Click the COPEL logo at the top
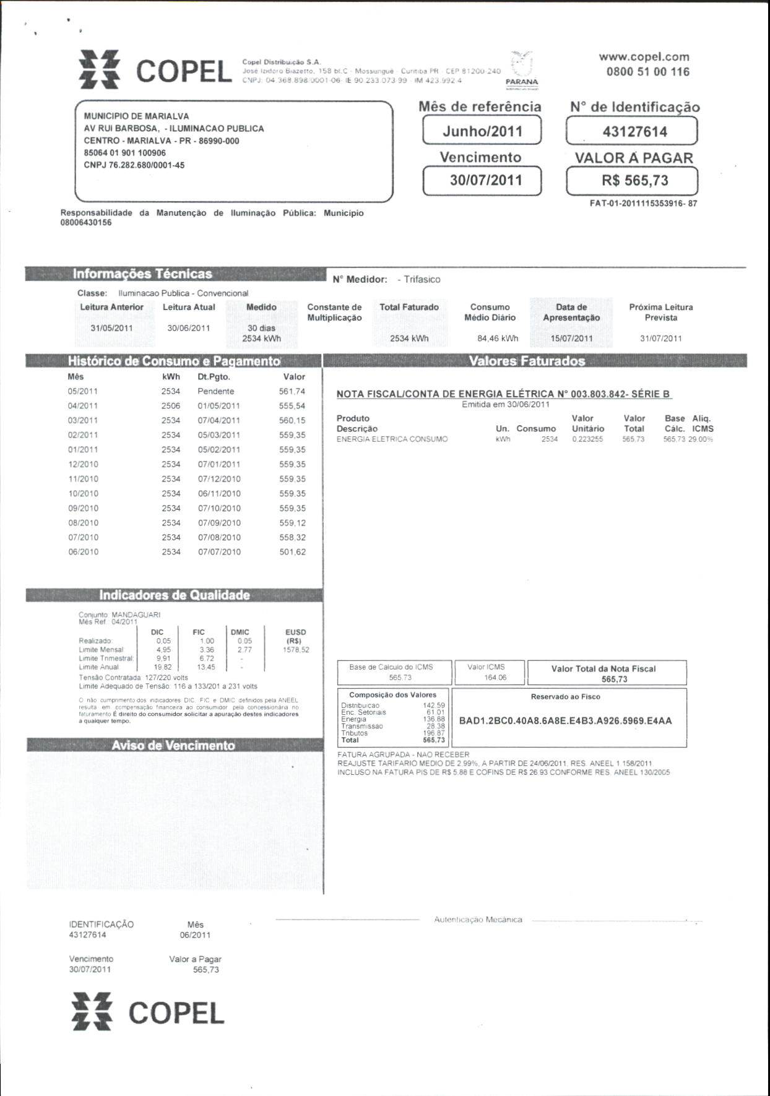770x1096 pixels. tap(155, 71)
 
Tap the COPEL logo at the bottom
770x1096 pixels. tap(148, 1012)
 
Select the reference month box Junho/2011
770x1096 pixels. tap(482, 131)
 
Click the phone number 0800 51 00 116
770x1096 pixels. tap(647, 72)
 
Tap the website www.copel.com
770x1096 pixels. tap(644, 56)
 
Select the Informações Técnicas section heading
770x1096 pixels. tap(142, 274)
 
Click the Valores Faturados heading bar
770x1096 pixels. tap(527, 361)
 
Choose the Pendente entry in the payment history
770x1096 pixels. tap(215, 391)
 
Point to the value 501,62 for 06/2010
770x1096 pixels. tap(292, 552)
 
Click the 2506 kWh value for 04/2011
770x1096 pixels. tap(171, 406)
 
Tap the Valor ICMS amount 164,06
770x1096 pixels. tap(495, 678)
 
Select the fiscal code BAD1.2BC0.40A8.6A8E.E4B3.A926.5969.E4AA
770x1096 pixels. tap(565, 721)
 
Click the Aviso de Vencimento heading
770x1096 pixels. tap(173, 745)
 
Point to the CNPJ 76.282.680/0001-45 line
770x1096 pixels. tap(134, 165)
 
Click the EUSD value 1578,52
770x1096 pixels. tap(296, 650)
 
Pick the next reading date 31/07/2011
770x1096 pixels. tap(660, 339)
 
